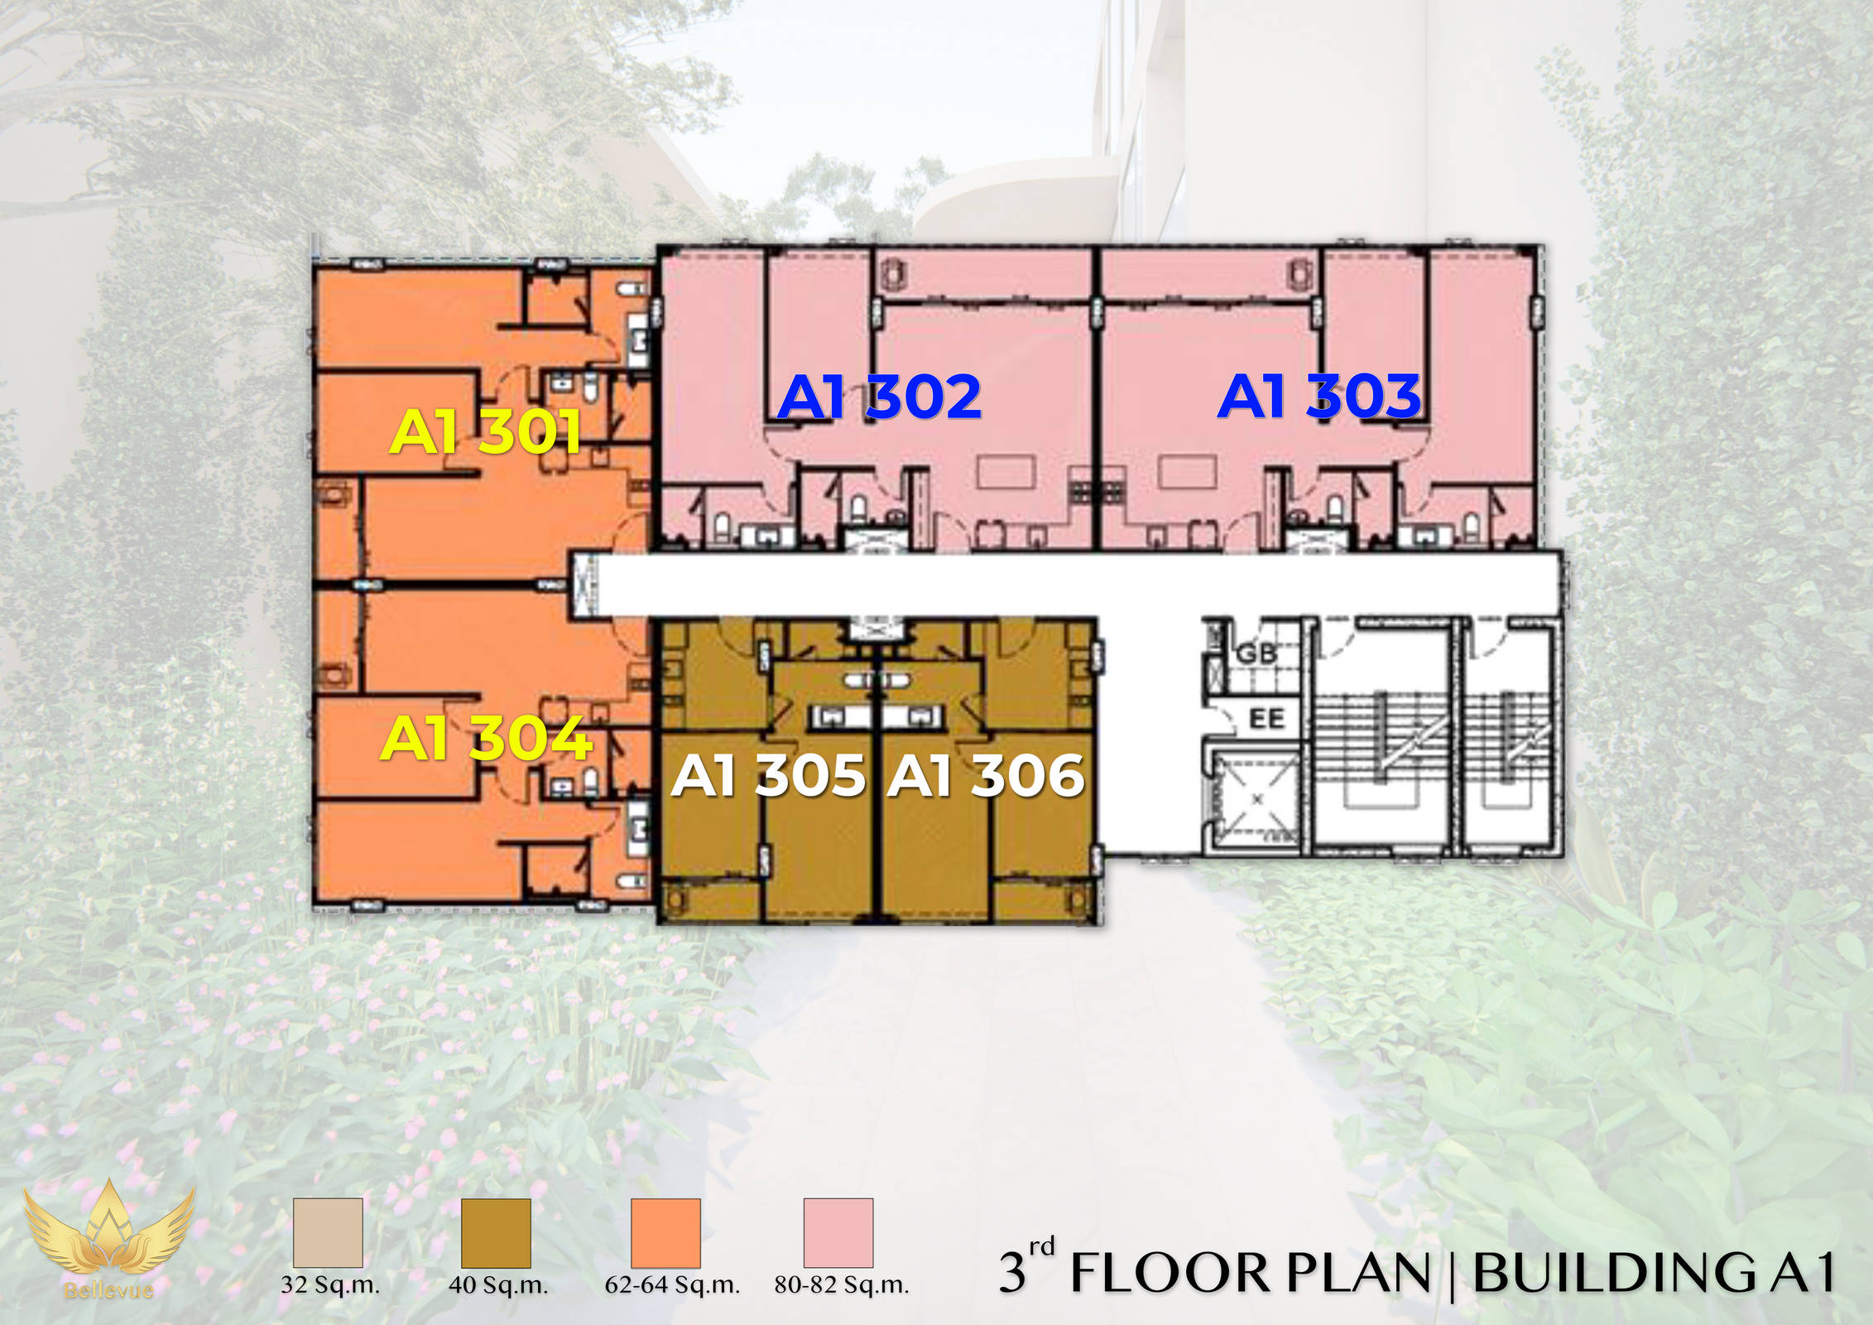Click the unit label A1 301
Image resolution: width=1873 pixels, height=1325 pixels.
[485, 431]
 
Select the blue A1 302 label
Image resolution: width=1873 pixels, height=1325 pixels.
[879, 397]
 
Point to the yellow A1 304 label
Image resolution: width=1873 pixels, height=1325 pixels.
[487, 738]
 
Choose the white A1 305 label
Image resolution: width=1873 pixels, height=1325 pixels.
[769, 776]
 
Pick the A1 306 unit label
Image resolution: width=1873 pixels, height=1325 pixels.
[986, 776]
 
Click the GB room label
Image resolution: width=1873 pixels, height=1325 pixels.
[1256, 654]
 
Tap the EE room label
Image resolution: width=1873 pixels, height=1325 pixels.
[1266, 718]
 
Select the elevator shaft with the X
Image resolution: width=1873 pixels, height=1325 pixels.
[1257, 799]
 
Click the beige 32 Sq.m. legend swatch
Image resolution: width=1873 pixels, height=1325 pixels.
[328, 1232]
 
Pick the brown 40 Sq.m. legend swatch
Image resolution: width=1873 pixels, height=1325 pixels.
[496, 1232]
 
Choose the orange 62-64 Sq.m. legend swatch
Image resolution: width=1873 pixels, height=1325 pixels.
[665, 1232]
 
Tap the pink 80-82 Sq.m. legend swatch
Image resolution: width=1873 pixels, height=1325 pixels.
[838, 1232]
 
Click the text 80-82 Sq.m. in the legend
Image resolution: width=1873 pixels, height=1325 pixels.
[842, 1285]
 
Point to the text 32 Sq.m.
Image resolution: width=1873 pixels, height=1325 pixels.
[330, 1285]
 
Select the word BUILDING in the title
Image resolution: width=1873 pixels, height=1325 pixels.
[1614, 1273]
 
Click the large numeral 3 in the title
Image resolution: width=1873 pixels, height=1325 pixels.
[1012, 1274]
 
